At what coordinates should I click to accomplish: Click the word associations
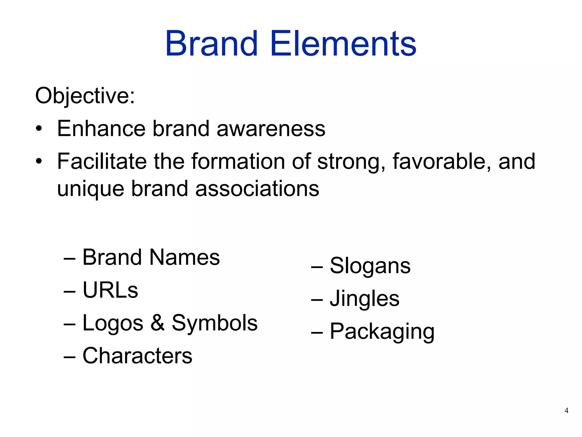click(x=257, y=189)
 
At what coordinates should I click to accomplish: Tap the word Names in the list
click(x=184, y=257)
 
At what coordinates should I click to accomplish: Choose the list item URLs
click(x=110, y=290)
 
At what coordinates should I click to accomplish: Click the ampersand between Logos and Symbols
click(x=157, y=323)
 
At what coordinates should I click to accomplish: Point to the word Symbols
click(x=215, y=323)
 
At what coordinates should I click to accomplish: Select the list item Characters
click(x=137, y=356)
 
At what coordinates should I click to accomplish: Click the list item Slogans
click(x=370, y=266)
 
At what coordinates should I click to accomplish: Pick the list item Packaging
click(x=382, y=332)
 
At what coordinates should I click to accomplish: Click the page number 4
click(x=566, y=411)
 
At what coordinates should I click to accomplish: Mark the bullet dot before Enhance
click(x=39, y=129)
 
